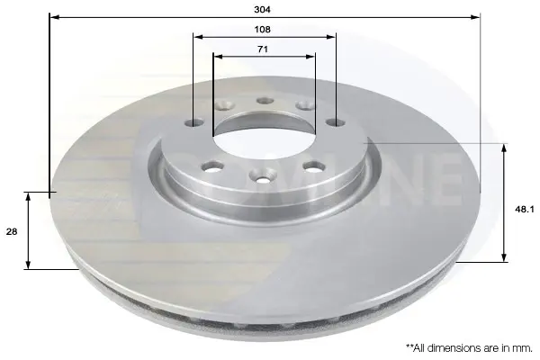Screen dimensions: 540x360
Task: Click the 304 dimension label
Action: point(263,10)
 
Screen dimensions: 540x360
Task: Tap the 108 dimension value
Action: point(263,30)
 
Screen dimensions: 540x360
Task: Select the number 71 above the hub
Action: point(263,49)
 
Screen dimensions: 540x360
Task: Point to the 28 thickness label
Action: point(12,231)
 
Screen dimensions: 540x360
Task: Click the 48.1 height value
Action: point(524,209)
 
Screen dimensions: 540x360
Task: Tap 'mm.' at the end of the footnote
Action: point(523,348)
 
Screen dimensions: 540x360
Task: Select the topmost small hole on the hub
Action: point(265,101)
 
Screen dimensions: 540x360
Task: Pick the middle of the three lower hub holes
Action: point(263,175)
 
